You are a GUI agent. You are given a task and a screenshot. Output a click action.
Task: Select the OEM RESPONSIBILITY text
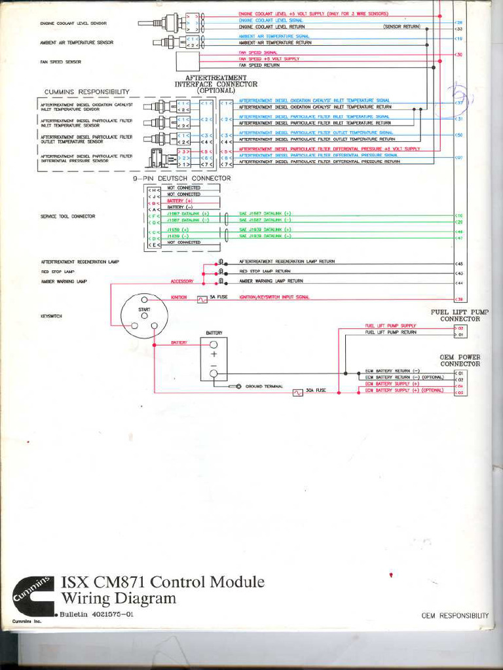click(455, 616)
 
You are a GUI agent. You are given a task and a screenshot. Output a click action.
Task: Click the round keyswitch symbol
click(144, 316)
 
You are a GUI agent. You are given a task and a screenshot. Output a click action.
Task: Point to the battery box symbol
click(214, 359)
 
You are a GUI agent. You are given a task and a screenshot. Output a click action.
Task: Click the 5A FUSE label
click(217, 297)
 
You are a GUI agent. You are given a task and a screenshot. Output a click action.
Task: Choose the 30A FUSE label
click(316, 390)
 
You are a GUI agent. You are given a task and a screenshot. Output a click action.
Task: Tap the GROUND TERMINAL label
click(264, 387)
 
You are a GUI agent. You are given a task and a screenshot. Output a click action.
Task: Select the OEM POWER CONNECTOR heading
click(460, 361)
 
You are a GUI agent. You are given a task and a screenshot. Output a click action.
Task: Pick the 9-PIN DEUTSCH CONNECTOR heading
click(182, 178)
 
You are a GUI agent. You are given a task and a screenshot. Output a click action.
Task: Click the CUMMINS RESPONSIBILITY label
click(87, 92)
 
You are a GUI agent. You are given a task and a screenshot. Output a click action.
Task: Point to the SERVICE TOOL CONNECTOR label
click(68, 216)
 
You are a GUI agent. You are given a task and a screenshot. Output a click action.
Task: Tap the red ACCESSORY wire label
click(182, 281)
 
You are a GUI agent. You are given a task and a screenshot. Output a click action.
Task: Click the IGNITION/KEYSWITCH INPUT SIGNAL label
click(274, 297)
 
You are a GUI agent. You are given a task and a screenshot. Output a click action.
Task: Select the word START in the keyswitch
click(144, 308)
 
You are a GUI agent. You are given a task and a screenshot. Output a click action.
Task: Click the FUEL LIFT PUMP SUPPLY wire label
click(390, 326)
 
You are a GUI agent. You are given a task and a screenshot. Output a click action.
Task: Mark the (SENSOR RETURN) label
click(401, 27)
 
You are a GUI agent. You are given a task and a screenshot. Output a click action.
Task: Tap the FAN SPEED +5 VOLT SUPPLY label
click(269, 59)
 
